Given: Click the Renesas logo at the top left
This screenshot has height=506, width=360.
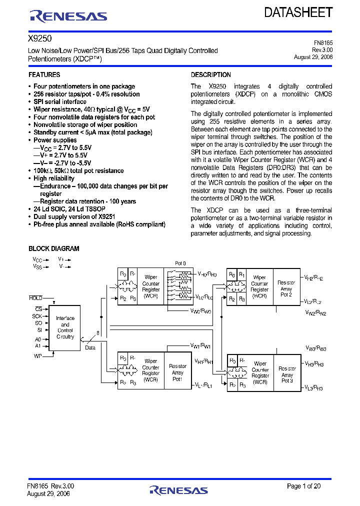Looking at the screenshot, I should tap(68, 16).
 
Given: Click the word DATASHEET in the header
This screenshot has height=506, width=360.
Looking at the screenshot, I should tap(298, 13).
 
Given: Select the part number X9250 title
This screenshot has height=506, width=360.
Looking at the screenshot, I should tap(39, 38).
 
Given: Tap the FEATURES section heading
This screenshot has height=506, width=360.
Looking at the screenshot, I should tap(44, 75).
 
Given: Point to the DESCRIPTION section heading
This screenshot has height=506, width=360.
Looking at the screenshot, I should tap(211, 75).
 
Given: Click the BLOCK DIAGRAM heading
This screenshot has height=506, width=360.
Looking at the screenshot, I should tap(54, 248).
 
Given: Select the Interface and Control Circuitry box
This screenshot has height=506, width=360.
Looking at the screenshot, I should tap(65, 327).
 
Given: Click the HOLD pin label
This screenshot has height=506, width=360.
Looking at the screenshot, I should tap(35, 298).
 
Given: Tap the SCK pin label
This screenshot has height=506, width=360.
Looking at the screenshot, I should tap(37, 316).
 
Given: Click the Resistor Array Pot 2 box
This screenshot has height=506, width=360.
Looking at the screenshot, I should tap(286, 289).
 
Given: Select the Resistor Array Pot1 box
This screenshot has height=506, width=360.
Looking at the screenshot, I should tap(177, 372).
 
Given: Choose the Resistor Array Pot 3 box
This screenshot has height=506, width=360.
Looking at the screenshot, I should tap(287, 374).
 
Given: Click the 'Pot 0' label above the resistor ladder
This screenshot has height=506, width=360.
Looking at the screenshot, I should tap(180, 263).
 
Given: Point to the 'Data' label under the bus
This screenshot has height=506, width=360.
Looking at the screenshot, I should tap(90, 347).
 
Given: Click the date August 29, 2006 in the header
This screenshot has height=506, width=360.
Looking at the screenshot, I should tap(313, 57).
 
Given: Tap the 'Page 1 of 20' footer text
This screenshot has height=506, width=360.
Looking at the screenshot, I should tap(304, 486).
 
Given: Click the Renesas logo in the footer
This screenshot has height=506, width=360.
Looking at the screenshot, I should tap(178, 489).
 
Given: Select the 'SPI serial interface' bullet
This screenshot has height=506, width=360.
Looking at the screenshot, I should tap(60, 101).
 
